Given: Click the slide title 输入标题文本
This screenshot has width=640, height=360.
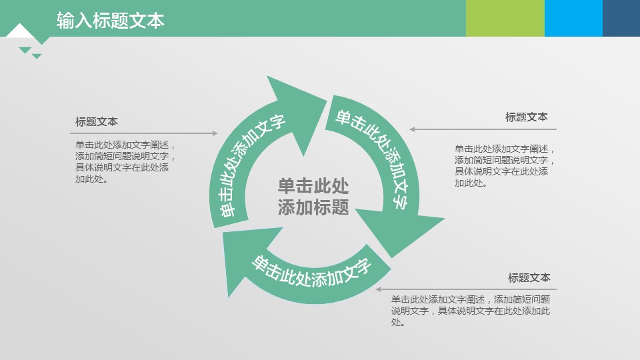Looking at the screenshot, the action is (x=110, y=21).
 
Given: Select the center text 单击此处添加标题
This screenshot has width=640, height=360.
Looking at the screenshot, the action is (x=313, y=196).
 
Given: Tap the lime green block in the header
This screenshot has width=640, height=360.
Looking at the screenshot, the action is (x=505, y=18).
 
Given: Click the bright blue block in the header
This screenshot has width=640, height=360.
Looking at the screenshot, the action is (x=573, y=18).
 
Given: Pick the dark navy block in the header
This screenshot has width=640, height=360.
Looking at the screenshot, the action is (x=621, y=18).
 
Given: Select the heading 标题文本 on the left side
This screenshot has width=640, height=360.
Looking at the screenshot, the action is (x=96, y=121).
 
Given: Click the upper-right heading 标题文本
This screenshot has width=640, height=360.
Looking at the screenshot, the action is (x=527, y=117).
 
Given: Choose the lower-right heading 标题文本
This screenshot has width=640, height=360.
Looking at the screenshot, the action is (x=529, y=277).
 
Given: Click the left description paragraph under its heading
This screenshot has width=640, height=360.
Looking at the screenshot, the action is (x=125, y=161).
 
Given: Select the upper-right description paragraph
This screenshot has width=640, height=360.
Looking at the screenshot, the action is (x=505, y=166).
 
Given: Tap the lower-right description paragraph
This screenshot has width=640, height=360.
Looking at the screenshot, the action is (x=471, y=311).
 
